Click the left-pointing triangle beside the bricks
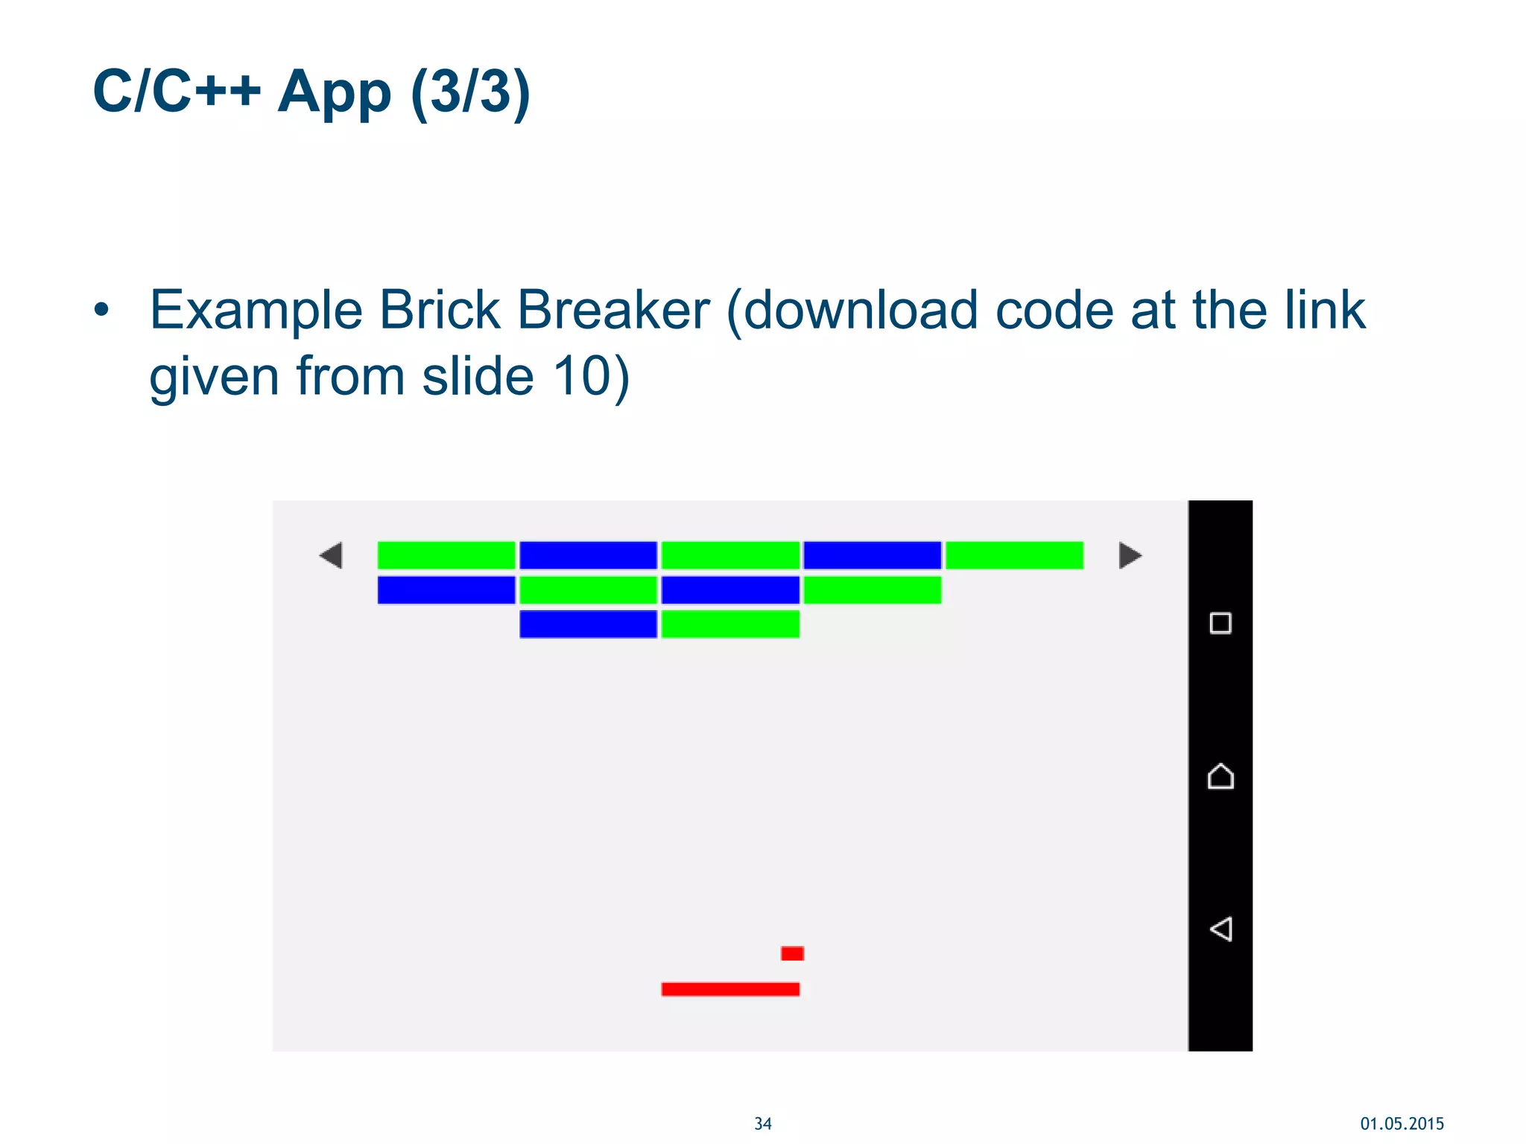(x=332, y=556)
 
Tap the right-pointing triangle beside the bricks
(x=1130, y=556)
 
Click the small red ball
(x=792, y=953)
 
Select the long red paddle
(x=730, y=989)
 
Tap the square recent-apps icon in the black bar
(x=1221, y=623)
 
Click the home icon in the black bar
(x=1221, y=776)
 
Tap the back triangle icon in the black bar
(x=1221, y=929)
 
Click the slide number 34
(x=763, y=1124)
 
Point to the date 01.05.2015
(x=1402, y=1124)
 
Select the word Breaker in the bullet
(x=613, y=310)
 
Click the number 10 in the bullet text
(x=582, y=376)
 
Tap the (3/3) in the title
(x=470, y=92)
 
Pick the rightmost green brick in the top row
(x=1014, y=556)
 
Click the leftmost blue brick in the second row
(x=446, y=590)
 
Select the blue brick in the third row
(x=588, y=624)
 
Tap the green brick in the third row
(x=730, y=624)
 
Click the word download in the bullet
(x=860, y=310)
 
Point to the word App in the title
(x=334, y=92)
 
